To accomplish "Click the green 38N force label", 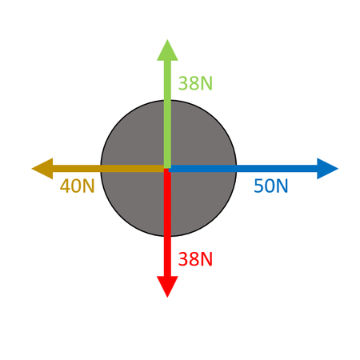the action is (x=195, y=83).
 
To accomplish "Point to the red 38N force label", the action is (x=195, y=259).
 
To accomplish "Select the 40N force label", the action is (x=78, y=186).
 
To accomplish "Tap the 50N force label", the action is (x=271, y=186).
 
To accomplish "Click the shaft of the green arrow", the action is (x=167, y=114).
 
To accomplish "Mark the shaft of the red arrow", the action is (x=167, y=222).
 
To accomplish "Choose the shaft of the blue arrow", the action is (x=243, y=169).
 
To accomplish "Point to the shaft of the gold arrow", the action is (x=108, y=169).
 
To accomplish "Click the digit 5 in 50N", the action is (x=258, y=186).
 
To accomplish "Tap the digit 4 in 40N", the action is (x=65, y=186).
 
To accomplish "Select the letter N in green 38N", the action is (x=206, y=83).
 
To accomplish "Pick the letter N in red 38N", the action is (x=206, y=259).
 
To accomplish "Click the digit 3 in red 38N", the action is (x=182, y=259).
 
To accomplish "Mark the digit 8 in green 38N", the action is (x=194, y=83).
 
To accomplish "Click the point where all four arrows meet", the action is (x=167, y=169).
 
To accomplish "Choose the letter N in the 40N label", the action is (x=89, y=186).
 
